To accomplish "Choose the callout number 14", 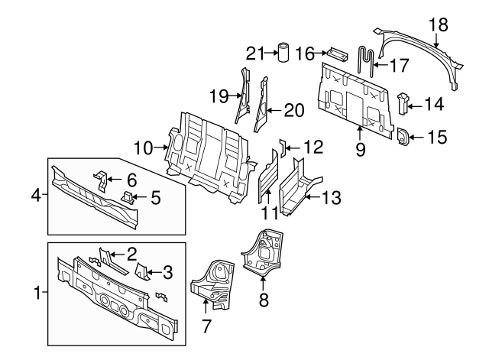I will [x=433, y=102].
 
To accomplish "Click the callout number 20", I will [x=294, y=110].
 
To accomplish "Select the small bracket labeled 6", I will [x=100, y=179].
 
